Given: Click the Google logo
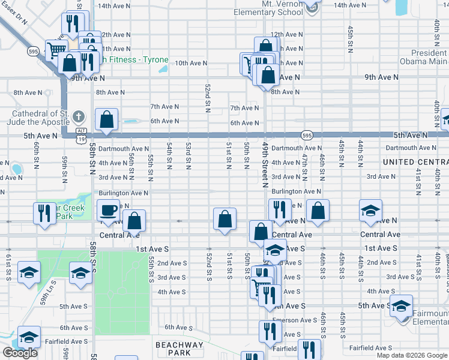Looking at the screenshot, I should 20,353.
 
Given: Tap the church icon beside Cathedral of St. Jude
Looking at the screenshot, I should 78,115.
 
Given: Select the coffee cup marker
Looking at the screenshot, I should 108,211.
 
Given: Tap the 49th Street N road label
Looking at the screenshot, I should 264,165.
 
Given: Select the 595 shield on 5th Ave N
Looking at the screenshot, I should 306,134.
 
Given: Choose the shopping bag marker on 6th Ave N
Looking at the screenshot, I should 106,120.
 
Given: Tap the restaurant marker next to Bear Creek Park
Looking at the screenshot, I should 44,214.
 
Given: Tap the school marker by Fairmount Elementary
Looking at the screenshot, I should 401,306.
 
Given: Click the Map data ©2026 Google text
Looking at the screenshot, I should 412,355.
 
